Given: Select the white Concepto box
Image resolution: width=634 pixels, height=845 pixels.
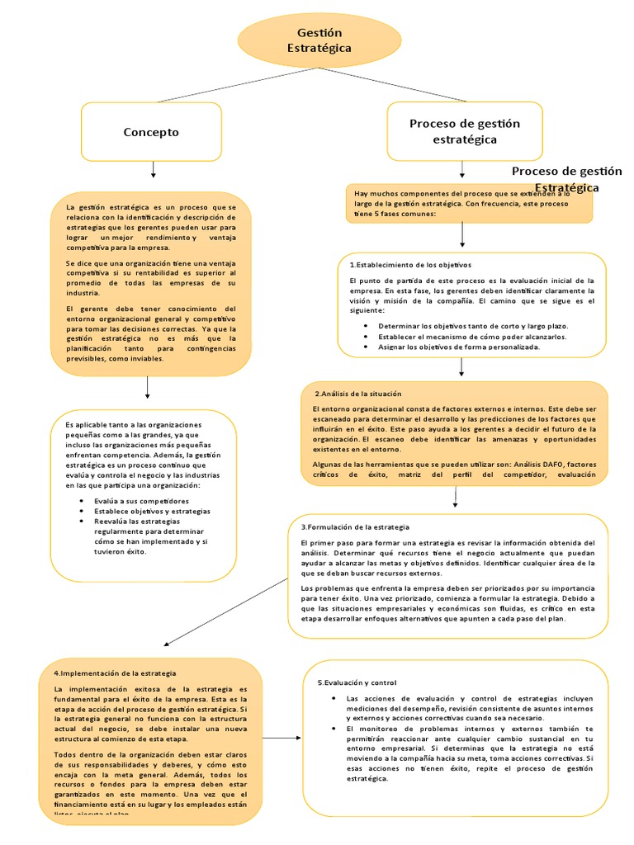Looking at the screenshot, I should coord(151,132).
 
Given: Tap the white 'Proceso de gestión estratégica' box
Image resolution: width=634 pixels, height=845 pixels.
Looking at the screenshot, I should coord(465,132).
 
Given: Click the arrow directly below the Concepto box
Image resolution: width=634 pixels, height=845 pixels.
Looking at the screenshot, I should coord(154,168).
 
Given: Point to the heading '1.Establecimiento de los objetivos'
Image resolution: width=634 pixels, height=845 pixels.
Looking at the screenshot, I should coord(410,265).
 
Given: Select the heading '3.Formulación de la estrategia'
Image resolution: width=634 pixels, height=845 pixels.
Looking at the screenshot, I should coord(355,526).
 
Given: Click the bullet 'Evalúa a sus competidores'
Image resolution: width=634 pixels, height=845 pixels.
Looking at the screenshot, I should coord(142,501).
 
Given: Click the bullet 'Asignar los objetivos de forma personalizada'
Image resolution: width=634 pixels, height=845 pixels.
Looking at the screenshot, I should coord(459,347).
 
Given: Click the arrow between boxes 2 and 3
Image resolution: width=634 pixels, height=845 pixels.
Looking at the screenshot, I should coord(456,498).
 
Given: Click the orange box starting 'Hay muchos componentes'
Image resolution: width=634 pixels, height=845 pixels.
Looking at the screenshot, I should coord(469,203).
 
